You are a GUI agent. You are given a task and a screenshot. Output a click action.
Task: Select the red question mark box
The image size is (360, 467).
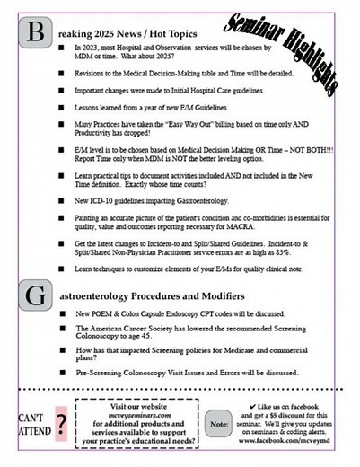(61, 421)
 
